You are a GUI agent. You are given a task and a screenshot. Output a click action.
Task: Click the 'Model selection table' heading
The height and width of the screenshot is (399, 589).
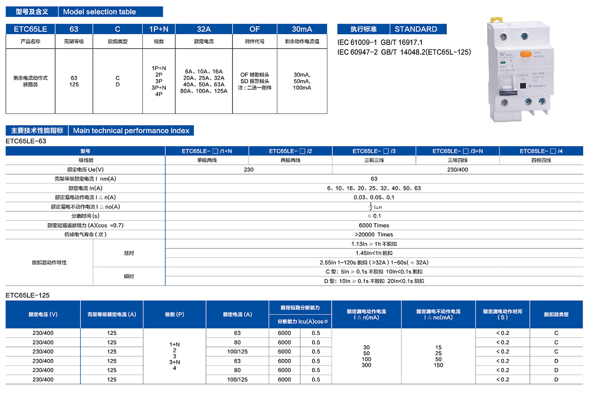(x=99, y=12)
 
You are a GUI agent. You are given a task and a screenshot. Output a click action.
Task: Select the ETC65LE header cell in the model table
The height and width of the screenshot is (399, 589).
(x=30, y=29)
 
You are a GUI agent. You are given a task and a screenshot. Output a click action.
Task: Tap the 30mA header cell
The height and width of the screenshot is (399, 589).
(x=302, y=29)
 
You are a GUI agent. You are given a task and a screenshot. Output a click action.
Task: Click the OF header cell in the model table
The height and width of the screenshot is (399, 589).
(x=254, y=29)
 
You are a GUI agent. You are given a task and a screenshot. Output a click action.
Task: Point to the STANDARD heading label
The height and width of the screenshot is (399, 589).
(x=415, y=29)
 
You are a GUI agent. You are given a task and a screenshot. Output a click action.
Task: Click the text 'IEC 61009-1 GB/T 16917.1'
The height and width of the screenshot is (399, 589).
(x=380, y=42)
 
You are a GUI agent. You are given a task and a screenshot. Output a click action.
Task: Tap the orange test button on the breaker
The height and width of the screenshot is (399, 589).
(x=525, y=54)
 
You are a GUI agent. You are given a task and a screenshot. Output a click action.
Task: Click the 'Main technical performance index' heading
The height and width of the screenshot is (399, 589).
(x=131, y=131)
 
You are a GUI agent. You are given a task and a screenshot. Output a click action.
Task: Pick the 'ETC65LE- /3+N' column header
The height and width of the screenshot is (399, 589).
(x=457, y=151)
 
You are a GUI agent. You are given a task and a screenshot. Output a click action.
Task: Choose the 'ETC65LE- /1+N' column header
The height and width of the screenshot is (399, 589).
(x=207, y=151)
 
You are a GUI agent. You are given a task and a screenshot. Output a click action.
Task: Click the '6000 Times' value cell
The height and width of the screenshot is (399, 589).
(x=374, y=225)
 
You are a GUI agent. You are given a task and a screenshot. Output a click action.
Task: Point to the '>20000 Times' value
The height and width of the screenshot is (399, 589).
(x=374, y=235)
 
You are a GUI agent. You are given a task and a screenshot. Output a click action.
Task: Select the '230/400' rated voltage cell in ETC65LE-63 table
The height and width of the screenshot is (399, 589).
(x=457, y=169)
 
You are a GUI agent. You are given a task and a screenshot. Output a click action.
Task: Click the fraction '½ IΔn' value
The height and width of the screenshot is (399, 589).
(x=375, y=207)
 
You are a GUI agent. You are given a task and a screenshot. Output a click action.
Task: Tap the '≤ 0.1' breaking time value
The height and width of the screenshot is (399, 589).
(x=374, y=216)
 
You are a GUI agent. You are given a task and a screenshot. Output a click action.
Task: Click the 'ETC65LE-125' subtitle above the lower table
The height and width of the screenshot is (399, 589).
(x=27, y=295)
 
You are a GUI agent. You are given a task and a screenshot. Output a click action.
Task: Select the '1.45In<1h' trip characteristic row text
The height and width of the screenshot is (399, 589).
(x=374, y=253)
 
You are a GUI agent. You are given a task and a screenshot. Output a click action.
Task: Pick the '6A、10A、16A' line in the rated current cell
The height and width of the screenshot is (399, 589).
(x=204, y=72)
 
